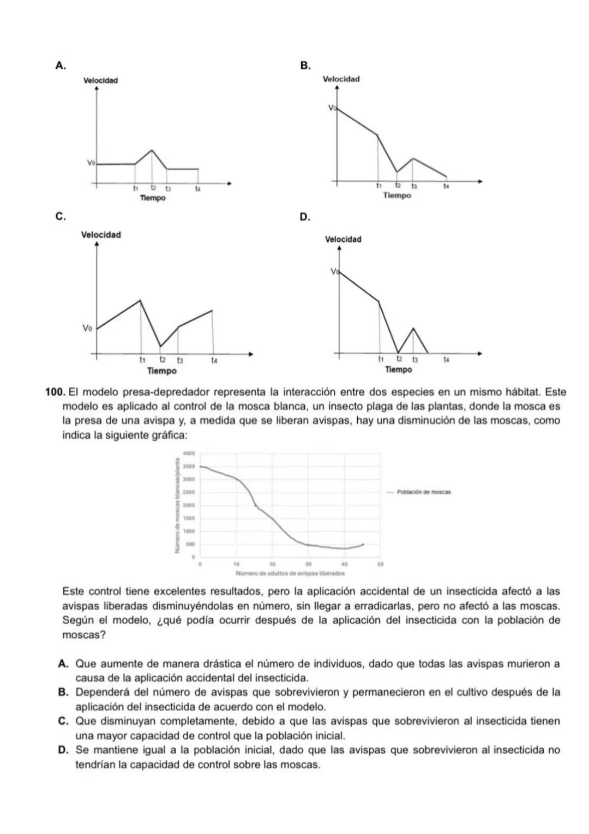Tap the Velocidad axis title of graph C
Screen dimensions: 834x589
click(x=101, y=235)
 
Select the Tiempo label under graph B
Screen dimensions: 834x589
click(x=396, y=195)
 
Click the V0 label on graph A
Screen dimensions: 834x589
click(x=91, y=163)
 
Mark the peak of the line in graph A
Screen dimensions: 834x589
click(x=152, y=150)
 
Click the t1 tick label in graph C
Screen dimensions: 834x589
click(x=142, y=360)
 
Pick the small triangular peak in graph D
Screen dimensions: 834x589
click(x=413, y=329)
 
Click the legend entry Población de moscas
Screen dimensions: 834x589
click(x=423, y=492)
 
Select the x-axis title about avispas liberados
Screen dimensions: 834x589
click(x=290, y=574)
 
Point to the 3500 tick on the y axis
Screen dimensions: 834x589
click(x=189, y=467)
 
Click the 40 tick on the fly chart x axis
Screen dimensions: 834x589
click(x=344, y=564)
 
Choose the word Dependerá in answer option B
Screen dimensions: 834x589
click(x=103, y=693)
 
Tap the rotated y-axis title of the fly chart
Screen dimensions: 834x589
click(x=177, y=505)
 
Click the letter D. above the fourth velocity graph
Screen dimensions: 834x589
click(x=305, y=218)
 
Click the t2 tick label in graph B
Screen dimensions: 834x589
click(x=398, y=186)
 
